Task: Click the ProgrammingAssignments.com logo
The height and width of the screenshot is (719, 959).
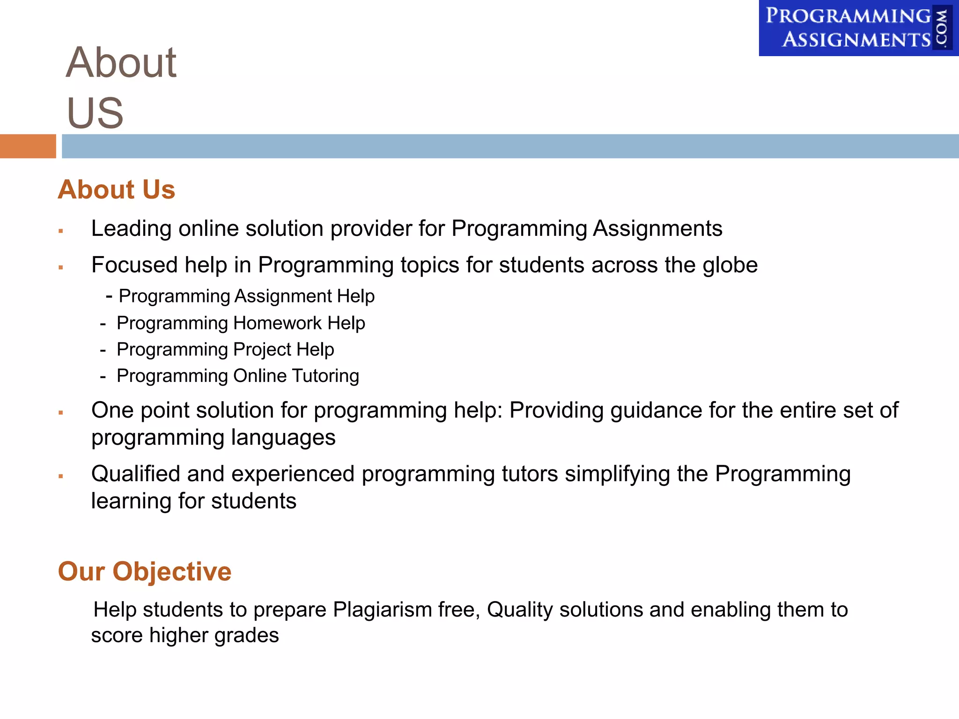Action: [x=858, y=28]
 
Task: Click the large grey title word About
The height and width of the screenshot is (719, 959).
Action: [x=121, y=63]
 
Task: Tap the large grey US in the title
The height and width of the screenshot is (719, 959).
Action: [x=95, y=113]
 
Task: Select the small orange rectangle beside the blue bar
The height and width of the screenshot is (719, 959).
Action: [x=28, y=146]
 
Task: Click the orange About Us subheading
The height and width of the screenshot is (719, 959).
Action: [x=116, y=190]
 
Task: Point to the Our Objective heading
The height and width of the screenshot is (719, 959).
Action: [x=144, y=572]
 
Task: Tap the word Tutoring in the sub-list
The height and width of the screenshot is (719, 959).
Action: [x=325, y=376]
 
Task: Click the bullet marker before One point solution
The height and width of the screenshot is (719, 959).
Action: [x=61, y=412]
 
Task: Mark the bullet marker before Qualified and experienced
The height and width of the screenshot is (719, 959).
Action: [x=61, y=476]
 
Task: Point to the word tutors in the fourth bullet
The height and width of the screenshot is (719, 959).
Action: [x=530, y=474]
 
